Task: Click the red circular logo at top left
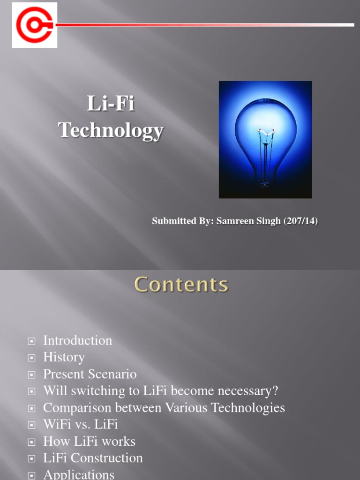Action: click(x=34, y=25)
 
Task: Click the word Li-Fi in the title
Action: click(x=111, y=104)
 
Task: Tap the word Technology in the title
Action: click(x=111, y=130)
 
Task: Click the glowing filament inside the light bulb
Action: click(x=265, y=133)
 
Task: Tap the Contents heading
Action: click(x=181, y=285)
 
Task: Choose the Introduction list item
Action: click(x=77, y=340)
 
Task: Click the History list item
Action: click(x=64, y=357)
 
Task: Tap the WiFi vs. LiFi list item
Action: click(x=80, y=425)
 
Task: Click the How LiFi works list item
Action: click(x=89, y=442)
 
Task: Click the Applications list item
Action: click(x=78, y=474)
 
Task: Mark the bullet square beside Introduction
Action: click(x=31, y=341)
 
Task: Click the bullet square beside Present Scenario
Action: click(x=31, y=375)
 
